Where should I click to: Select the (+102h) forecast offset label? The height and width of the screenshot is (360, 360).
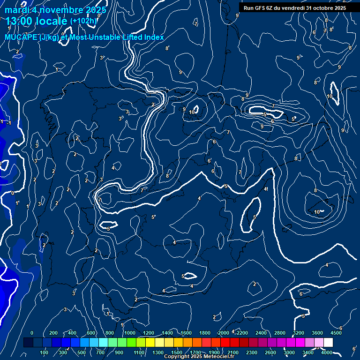tap(83, 21)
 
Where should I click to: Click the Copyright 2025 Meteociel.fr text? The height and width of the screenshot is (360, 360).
tap(199, 357)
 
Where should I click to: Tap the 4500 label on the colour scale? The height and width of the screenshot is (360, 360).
tap(336, 333)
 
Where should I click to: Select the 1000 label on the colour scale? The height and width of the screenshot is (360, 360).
tap(130, 333)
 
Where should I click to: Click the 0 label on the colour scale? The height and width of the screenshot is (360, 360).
tap(32, 333)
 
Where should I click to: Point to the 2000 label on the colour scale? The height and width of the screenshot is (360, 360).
tap(224, 333)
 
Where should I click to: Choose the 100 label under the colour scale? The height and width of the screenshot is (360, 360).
tap(44, 352)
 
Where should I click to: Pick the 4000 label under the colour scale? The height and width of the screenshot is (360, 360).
tap(327, 352)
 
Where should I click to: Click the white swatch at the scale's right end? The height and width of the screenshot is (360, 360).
tap(328, 343)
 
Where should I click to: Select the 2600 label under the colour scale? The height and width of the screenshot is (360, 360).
tap(270, 352)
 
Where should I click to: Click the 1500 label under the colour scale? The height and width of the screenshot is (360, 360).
tap(177, 352)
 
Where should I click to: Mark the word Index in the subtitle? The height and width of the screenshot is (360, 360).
tap(153, 37)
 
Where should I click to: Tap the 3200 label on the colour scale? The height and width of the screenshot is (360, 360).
tap(299, 333)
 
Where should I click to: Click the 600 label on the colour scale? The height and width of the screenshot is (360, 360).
tap(91, 333)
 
